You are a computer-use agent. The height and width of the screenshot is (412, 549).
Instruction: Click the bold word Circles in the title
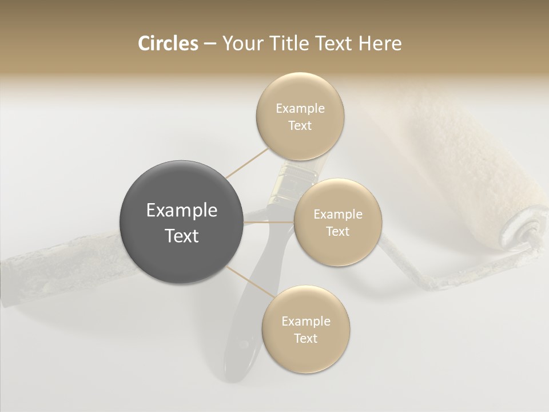(168, 43)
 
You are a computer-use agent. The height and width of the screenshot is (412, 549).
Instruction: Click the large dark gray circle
(181, 222)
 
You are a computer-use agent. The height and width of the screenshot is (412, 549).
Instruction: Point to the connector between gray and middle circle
(269, 221)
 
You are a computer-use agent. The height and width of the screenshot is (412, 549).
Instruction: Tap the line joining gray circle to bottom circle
(249, 282)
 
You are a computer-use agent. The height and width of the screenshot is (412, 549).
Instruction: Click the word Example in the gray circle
(181, 211)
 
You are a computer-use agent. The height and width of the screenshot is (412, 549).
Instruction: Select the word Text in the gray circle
(181, 236)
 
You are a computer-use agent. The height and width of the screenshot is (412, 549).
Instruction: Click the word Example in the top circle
(300, 108)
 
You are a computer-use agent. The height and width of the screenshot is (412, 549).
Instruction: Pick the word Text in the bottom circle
(305, 338)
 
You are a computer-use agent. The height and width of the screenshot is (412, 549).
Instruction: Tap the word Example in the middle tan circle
(337, 215)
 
